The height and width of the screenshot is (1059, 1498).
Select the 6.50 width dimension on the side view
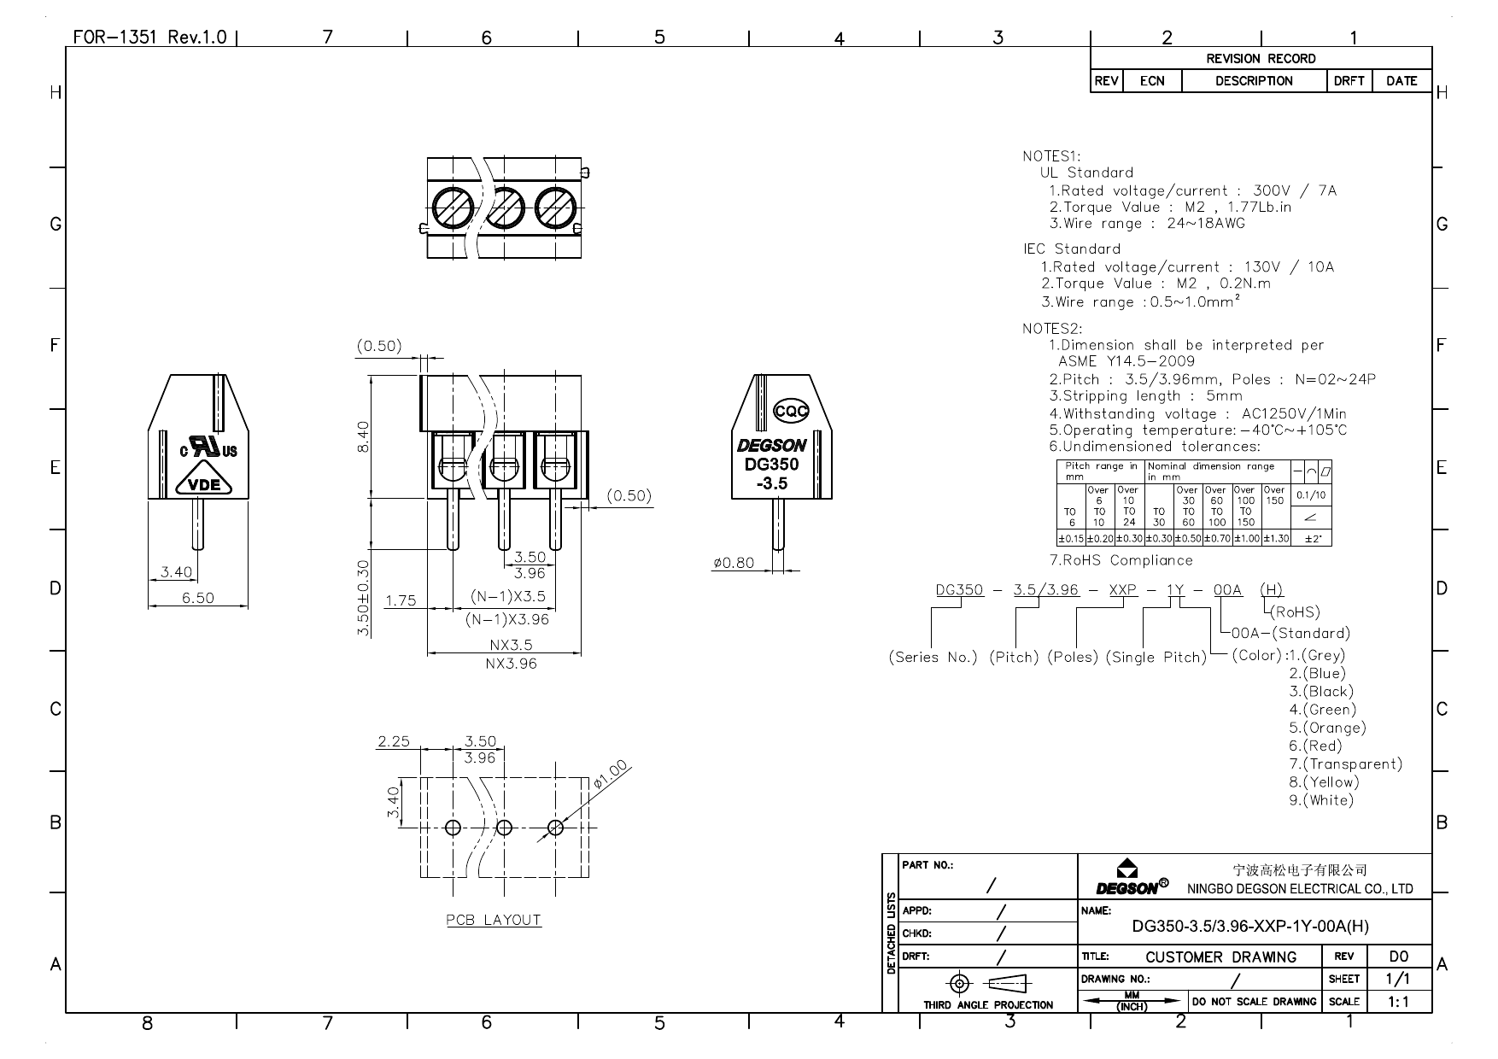(x=197, y=598)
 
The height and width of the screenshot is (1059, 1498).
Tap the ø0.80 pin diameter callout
(x=734, y=563)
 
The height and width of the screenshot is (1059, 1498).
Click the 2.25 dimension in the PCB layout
(x=394, y=741)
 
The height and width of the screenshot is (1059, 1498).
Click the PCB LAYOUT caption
(x=494, y=920)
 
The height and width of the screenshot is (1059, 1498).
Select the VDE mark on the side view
(x=204, y=485)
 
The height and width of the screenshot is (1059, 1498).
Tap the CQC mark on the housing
(x=791, y=412)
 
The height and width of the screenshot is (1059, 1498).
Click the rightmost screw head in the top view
(x=555, y=208)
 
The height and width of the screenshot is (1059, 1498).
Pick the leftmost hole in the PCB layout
(x=453, y=827)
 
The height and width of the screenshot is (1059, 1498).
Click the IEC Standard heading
(x=1072, y=249)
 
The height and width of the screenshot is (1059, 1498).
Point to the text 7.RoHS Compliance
(x=1121, y=560)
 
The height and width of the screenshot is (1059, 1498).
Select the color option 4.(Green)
(x=1322, y=710)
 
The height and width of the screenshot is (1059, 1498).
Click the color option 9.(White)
(x=1321, y=800)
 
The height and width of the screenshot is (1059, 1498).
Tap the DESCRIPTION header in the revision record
(x=1254, y=81)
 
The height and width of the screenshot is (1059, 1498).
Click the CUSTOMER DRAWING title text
(x=1220, y=957)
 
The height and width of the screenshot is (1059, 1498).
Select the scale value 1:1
(x=1398, y=1002)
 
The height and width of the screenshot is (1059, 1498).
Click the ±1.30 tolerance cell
(x=1275, y=539)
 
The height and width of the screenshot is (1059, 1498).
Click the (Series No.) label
(x=933, y=658)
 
